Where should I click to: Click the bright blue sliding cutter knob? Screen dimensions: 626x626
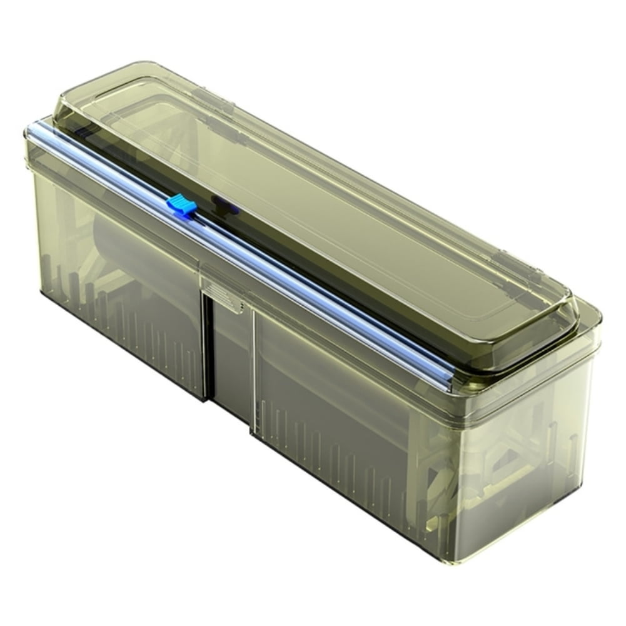click(180, 204)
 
